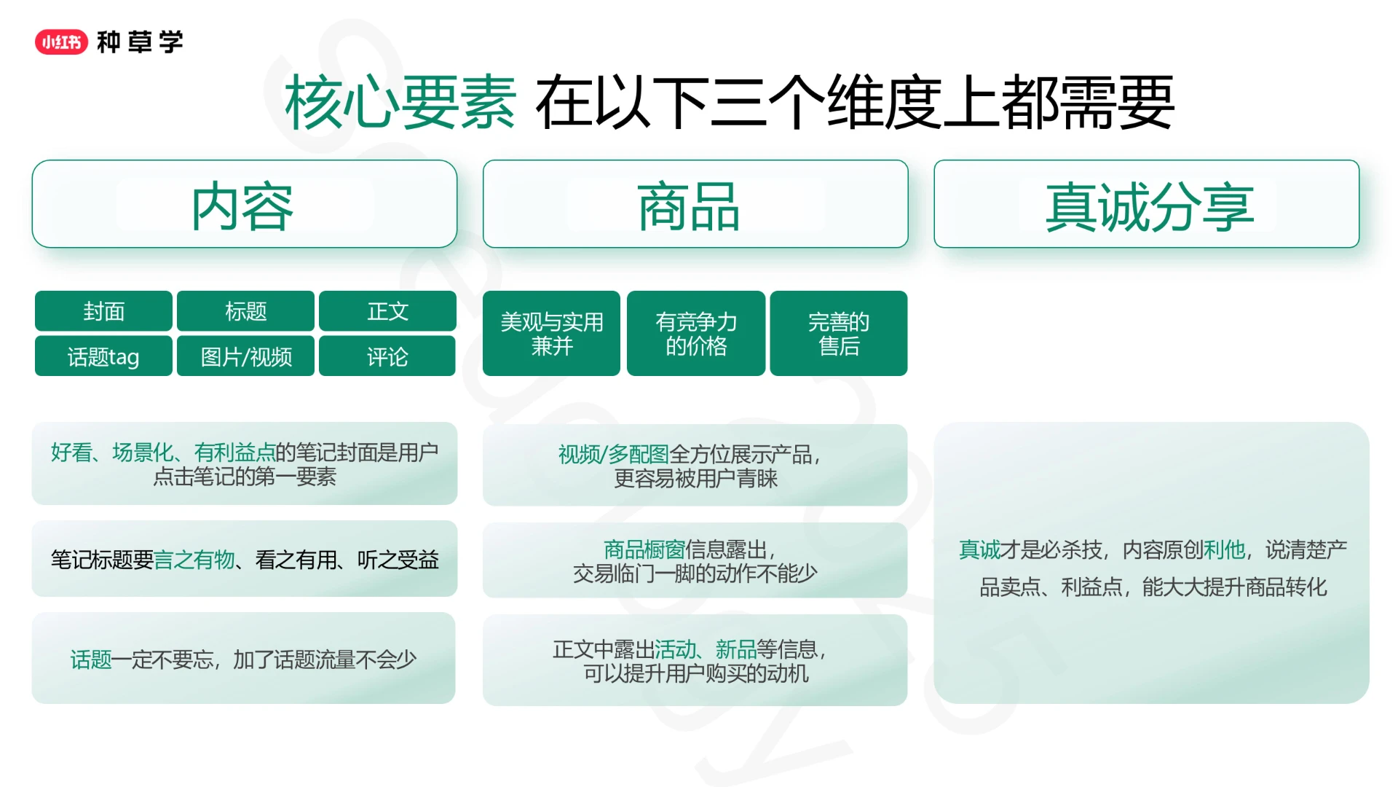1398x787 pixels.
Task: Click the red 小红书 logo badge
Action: [61, 42]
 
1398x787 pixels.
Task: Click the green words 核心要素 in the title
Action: [400, 103]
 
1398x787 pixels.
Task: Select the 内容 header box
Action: [245, 204]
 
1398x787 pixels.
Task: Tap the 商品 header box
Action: [695, 204]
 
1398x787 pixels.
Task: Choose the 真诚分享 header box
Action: [1146, 204]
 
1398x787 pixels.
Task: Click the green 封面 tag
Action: [103, 311]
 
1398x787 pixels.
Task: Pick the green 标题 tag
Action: [245, 311]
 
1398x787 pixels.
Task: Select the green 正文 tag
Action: [387, 311]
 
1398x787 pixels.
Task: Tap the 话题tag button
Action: [103, 356]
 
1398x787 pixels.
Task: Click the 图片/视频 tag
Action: [245, 356]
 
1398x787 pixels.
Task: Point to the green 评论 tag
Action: [387, 356]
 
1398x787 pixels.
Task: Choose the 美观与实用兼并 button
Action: [551, 334]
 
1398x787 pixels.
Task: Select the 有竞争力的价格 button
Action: [695, 334]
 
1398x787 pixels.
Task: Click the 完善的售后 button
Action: [839, 334]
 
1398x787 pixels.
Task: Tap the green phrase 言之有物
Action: [194, 560]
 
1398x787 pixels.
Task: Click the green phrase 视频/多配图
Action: [613, 455]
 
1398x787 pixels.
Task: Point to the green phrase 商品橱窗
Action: [644, 549]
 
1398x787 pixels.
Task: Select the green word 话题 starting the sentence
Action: [90, 659]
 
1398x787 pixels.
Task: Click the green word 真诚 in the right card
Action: [979, 549]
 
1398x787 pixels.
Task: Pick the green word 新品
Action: [736, 649]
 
